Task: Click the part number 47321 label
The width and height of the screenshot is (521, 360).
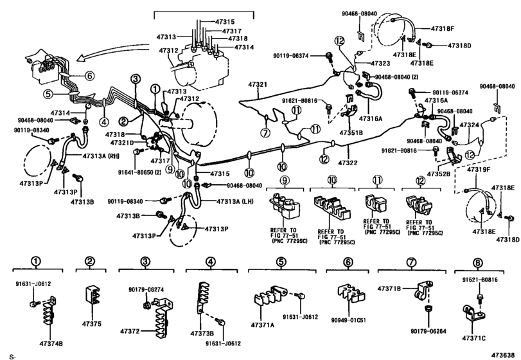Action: pos(257,85)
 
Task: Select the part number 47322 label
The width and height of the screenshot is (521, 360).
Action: pos(348,163)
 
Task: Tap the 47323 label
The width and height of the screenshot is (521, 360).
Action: pos(380,63)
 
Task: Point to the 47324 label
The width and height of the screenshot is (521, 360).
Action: pos(469,125)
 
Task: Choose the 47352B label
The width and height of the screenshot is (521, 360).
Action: pos(439,174)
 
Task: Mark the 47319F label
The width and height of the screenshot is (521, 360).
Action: pos(479,170)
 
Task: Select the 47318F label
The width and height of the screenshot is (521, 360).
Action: pos(443,28)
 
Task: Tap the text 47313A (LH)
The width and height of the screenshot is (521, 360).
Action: pos(235,201)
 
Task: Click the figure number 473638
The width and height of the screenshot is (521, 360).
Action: pos(505,354)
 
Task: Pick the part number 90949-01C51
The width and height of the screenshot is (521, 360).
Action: pos(349,320)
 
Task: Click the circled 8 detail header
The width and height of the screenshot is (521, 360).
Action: pos(478,263)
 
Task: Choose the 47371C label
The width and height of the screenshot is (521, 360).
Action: pos(473,338)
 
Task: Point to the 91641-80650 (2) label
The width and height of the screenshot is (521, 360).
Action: pos(139,172)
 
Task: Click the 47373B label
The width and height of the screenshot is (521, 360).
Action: pos(202,333)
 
